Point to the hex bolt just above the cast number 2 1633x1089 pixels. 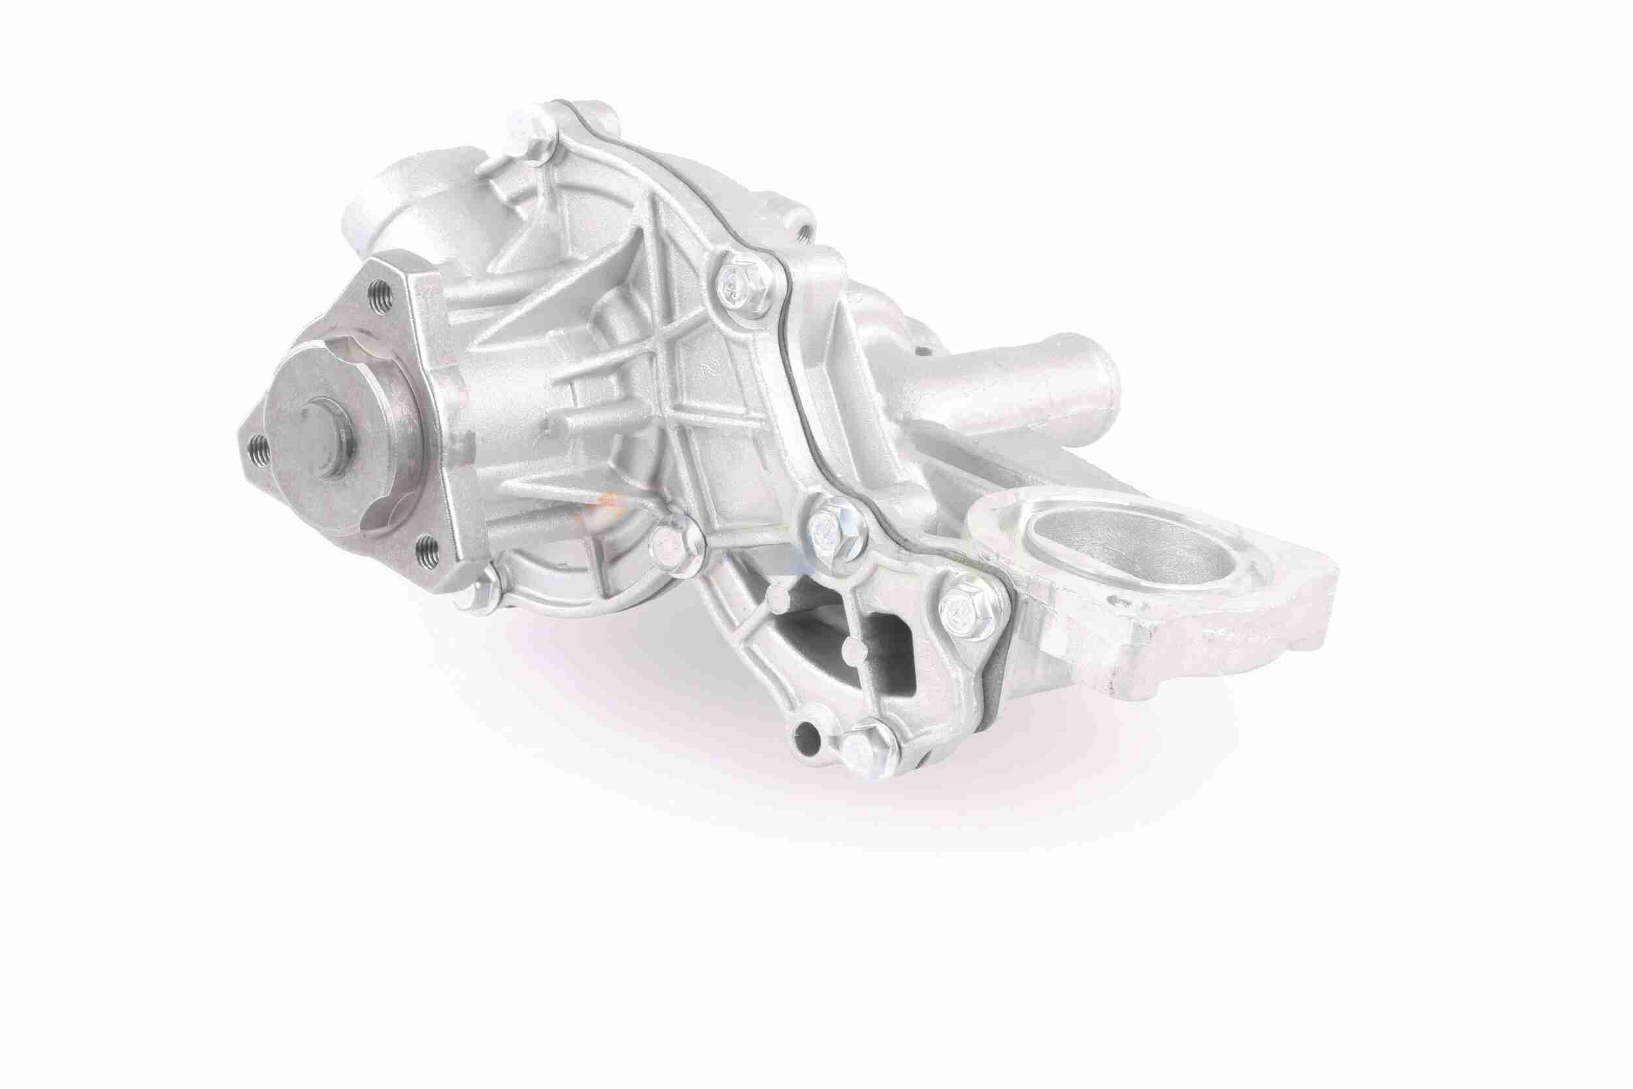(736, 284)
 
